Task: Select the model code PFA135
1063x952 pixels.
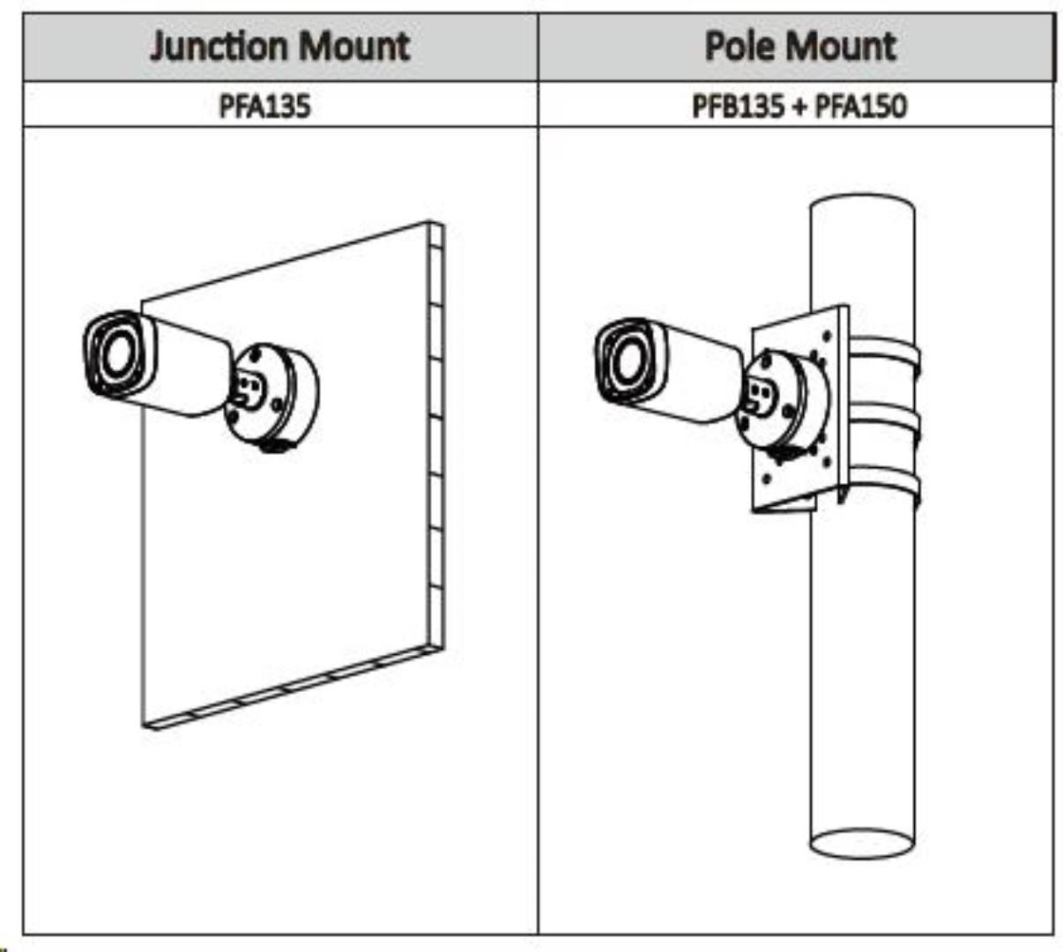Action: pos(264,106)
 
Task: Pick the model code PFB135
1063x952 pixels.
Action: pos(737,106)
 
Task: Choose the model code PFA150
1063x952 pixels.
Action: pos(860,106)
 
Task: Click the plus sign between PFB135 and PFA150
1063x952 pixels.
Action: pos(799,107)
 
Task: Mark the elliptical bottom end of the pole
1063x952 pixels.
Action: pos(862,843)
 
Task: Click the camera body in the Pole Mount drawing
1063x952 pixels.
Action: pos(701,370)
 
